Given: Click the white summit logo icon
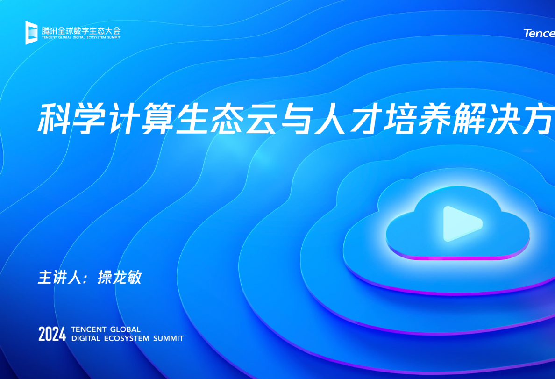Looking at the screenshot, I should [31, 32].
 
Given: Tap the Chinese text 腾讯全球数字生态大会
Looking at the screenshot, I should [81, 30].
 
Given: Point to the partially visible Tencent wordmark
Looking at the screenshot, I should [539, 33].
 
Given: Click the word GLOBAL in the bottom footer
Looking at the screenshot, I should [125, 329].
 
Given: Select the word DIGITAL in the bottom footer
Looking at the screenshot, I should [86, 338].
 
